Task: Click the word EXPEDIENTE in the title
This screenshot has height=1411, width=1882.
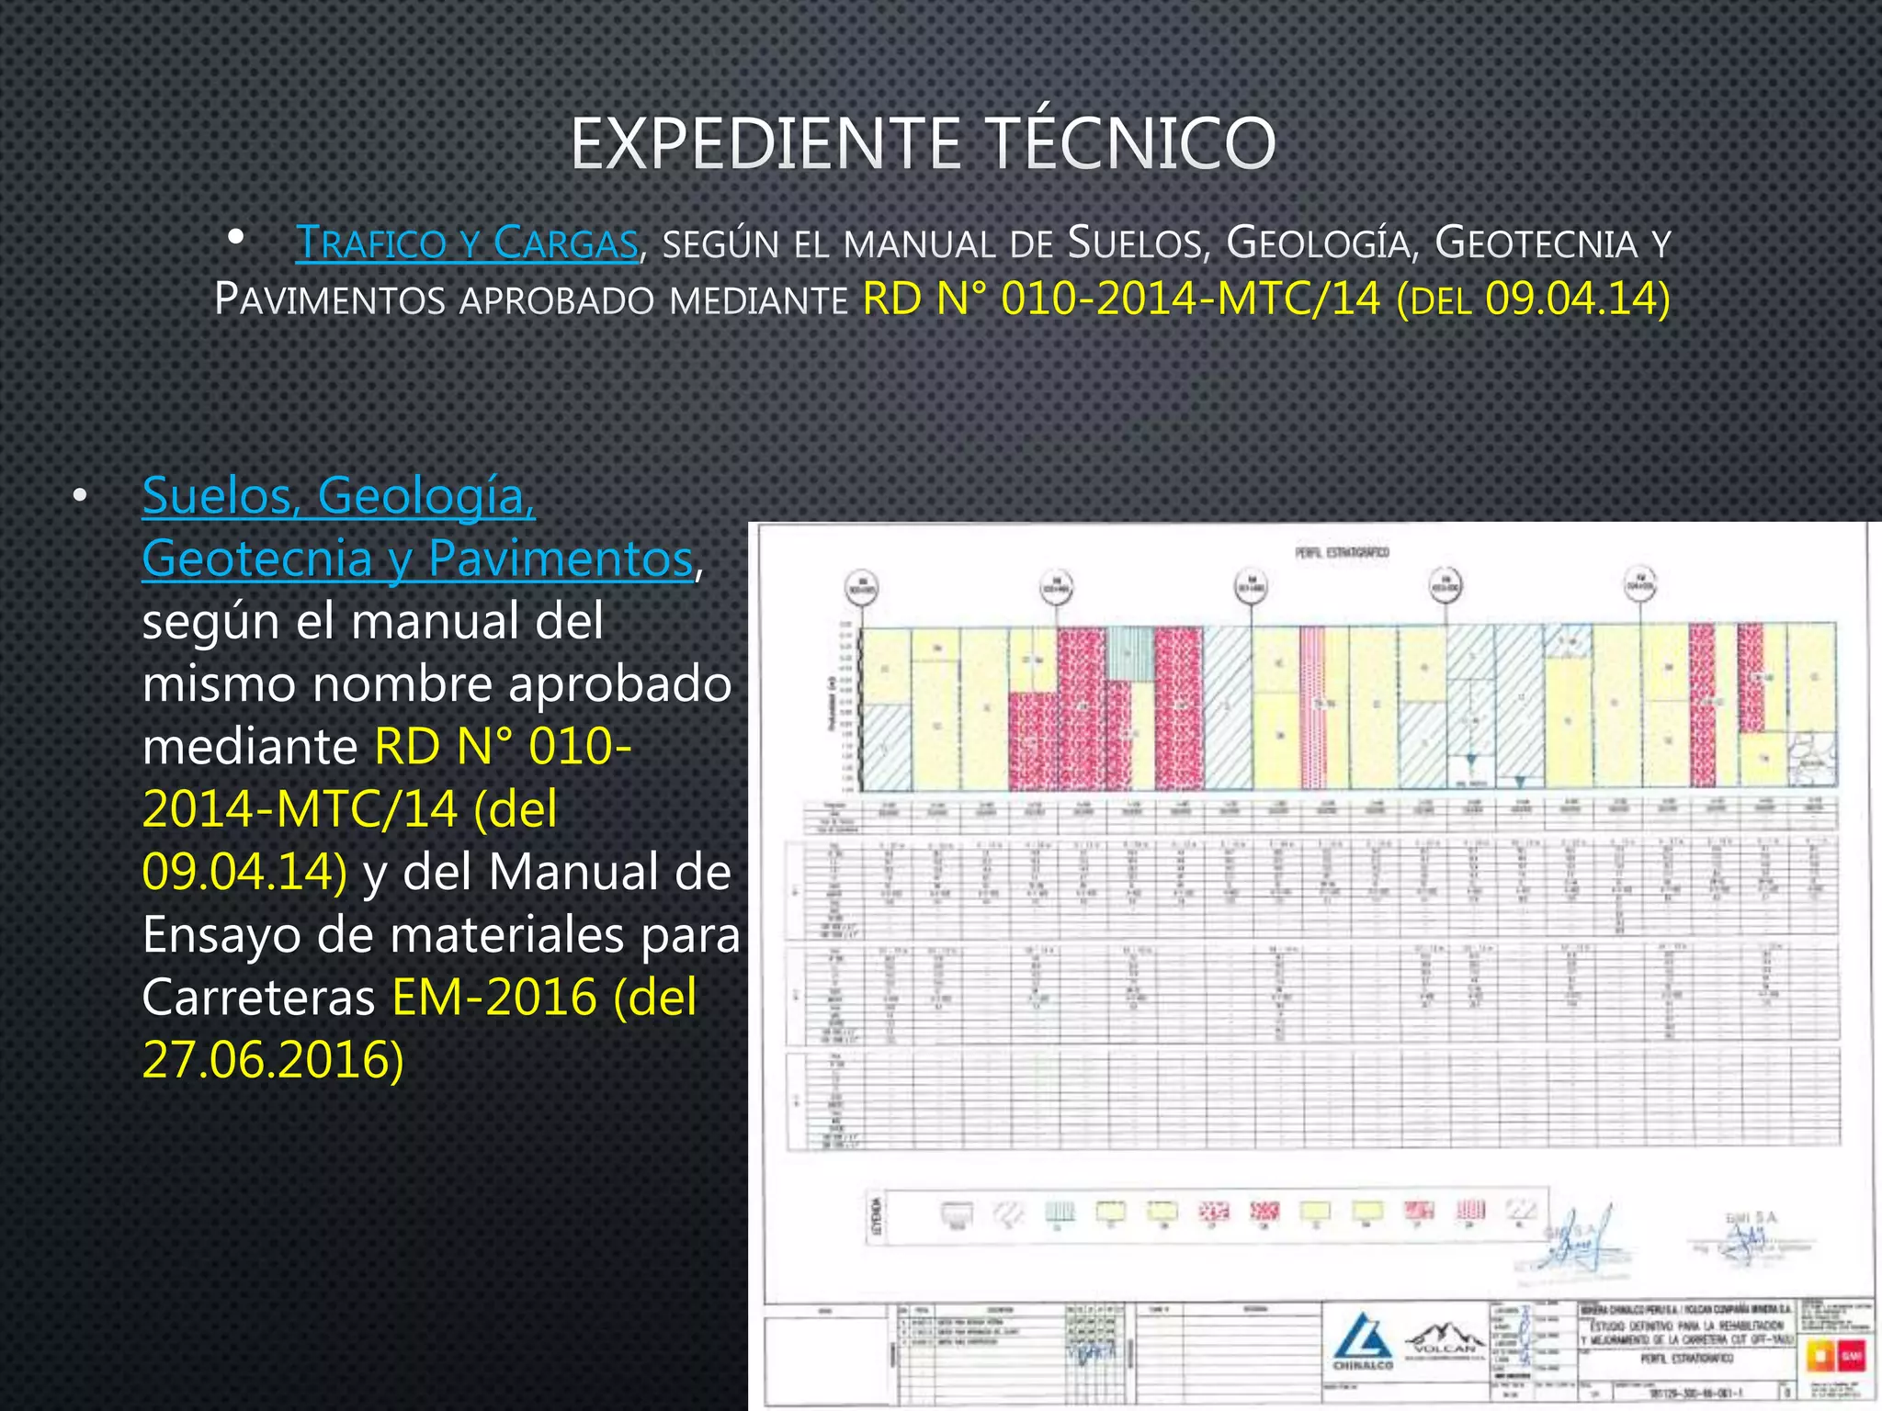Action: pos(765,144)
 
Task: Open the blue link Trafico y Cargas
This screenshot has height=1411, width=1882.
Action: pos(467,243)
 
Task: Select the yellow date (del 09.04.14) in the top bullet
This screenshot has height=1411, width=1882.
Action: pos(1533,299)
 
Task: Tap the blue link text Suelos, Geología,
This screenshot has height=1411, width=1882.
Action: pos(338,496)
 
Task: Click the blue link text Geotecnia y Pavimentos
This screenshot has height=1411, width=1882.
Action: pos(417,559)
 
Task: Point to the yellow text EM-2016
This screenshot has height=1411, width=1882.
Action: pos(494,998)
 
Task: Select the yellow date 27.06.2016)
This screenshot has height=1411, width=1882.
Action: pos(273,1060)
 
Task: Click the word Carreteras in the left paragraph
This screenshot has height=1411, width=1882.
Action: pos(259,998)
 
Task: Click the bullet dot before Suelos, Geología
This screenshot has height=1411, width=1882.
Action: pos(81,497)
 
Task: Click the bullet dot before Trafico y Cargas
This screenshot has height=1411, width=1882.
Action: pos(235,238)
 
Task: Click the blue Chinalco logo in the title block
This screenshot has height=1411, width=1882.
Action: pos(1363,1342)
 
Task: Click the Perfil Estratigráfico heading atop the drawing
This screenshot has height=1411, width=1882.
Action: pos(1343,552)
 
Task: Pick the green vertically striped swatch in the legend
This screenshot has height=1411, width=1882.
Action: pos(1060,1214)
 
